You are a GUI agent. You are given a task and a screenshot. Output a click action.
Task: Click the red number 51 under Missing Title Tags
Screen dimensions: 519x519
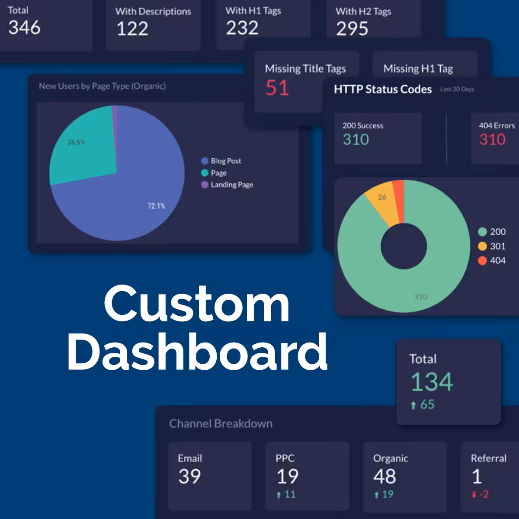[x=277, y=88]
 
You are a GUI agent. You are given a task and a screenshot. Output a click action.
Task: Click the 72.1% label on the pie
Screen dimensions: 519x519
[x=156, y=206]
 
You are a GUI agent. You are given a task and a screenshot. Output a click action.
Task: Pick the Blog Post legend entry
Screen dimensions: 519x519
[x=221, y=161]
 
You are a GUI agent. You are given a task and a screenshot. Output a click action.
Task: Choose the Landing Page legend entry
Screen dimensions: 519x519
[x=227, y=185]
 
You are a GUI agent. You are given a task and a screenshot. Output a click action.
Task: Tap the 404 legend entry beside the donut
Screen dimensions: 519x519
[x=492, y=260]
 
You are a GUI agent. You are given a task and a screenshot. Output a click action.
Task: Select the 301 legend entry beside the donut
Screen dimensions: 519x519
[x=492, y=246]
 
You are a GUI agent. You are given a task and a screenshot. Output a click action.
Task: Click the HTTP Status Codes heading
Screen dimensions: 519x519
[x=383, y=89]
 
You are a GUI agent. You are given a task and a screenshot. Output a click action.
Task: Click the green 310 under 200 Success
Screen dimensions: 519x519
[x=356, y=140]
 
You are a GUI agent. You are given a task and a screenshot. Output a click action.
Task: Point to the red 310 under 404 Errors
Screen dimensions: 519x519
[x=492, y=140]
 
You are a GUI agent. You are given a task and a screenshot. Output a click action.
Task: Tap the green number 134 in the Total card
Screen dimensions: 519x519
[x=432, y=382]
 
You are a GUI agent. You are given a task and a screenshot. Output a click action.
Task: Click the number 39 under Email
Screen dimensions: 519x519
[x=189, y=477]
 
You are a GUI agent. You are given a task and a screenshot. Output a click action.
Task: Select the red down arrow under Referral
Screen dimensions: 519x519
[x=474, y=494]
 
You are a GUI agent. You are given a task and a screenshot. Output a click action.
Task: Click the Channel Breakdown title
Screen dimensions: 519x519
[x=221, y=424]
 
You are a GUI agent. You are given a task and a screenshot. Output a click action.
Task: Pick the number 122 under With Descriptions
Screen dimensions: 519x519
[x=132, y=29]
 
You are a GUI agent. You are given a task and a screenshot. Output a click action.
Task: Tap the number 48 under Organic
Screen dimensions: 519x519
[x=384, y=477]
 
